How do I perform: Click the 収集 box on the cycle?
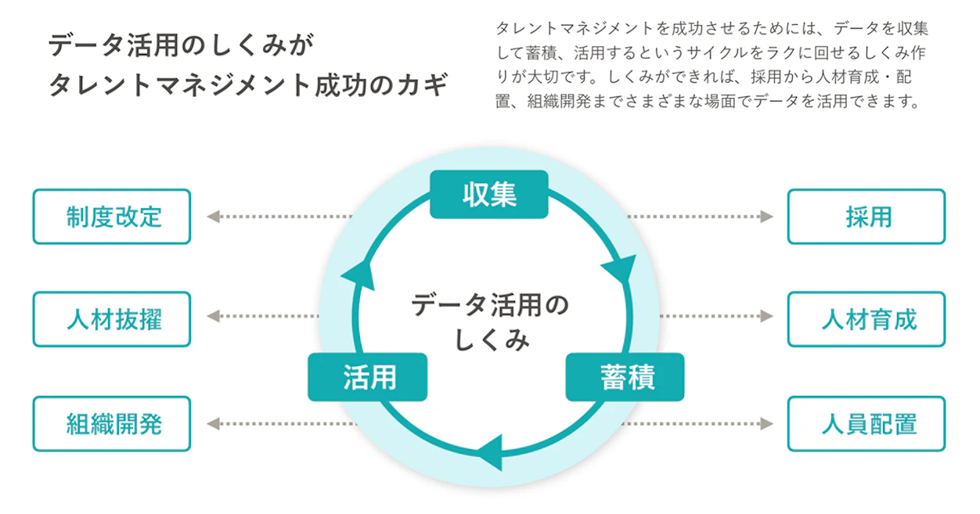[x=489, y=194]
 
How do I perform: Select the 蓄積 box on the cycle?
[x=625, y=377]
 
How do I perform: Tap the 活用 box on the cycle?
[x=368, y=377]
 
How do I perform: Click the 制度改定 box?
[x=112, y=217]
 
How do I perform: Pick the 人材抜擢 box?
[x=112, y=319]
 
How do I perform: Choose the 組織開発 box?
[x=112, y=424]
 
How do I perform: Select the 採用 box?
[x=866, y=217]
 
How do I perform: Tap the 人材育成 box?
[x=866, y=319]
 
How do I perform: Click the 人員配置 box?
[x=866, y=424]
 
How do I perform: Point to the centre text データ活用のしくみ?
[x=490, y=321]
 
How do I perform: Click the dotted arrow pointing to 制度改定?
[x=278, y=217]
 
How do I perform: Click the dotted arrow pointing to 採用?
[x=701, y=217]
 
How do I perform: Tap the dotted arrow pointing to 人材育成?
[x=716, y=316]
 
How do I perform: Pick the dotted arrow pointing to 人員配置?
[x=701, y=424]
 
